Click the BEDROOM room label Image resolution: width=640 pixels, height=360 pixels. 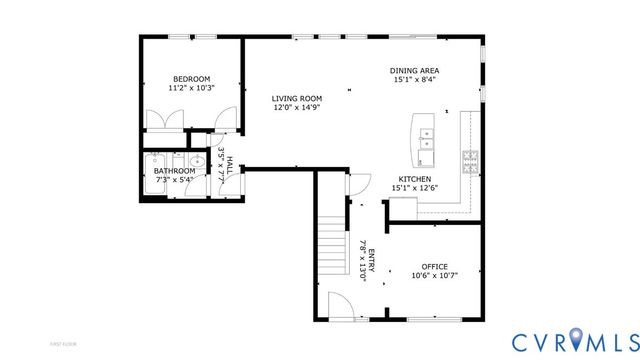191,79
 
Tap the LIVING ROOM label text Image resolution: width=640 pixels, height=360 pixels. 297,98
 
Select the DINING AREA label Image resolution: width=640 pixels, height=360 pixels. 415,70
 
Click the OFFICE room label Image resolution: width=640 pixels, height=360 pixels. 434,266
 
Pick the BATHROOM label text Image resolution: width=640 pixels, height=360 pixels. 175,171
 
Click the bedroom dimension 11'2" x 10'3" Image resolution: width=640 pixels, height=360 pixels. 191,88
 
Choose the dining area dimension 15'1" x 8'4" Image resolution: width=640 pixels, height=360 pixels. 415,79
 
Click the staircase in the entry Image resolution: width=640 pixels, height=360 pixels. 331,249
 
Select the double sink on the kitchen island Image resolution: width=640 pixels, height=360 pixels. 426,140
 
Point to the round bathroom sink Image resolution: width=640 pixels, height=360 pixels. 191,160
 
